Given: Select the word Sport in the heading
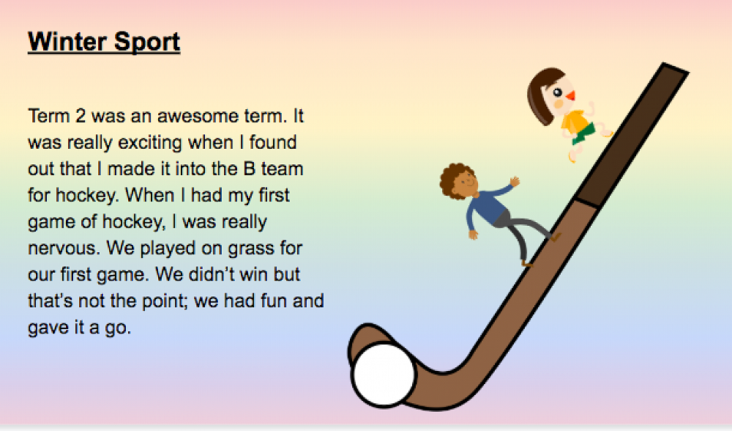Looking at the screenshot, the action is (x=147, y=43).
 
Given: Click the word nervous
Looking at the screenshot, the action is (x=64, y=248).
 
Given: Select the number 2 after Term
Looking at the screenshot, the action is (x=81, y=116).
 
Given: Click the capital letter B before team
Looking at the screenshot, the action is (x=250, y=169).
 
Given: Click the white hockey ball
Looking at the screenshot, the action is (x=384, y=375).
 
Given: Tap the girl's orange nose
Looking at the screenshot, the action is (x=570, y=96).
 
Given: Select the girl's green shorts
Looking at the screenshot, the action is (x=584, y=133).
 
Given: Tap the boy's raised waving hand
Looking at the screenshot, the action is (x=515, y=181).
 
